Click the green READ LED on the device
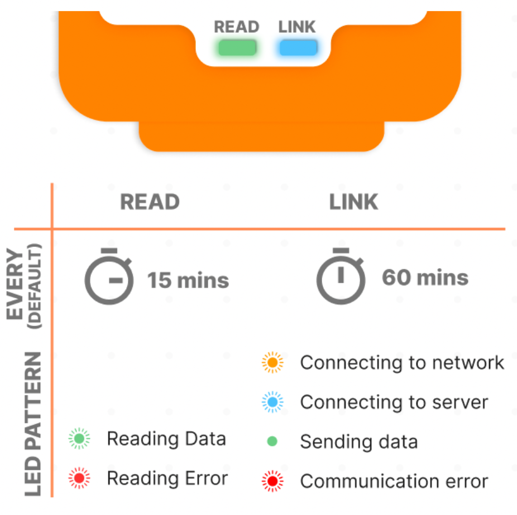[x=237, y=48]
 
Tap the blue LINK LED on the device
[x=298, y=48]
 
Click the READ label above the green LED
[x=236, y=27]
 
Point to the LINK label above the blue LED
[x=297, y=27]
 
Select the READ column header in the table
[x=150, y=202]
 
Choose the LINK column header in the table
[x=354, y=202]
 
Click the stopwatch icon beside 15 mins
[x=109, y=276]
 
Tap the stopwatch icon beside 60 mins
[x=341, y=276]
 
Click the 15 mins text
[x=188, y=280]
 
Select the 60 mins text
[x=425, y=278]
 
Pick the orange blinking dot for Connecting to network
[x=272, y=362]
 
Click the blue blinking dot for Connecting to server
[x=272, y=402]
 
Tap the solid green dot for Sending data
[x=272, y=441]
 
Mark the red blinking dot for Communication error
[x=272, y=481]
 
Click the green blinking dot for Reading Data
[x=79, y=438]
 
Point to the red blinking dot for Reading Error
[x=79, y=478]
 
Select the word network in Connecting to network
[x=468, y=363]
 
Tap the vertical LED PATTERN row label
[x=33, y=424]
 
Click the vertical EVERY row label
[x=15, y=284]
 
